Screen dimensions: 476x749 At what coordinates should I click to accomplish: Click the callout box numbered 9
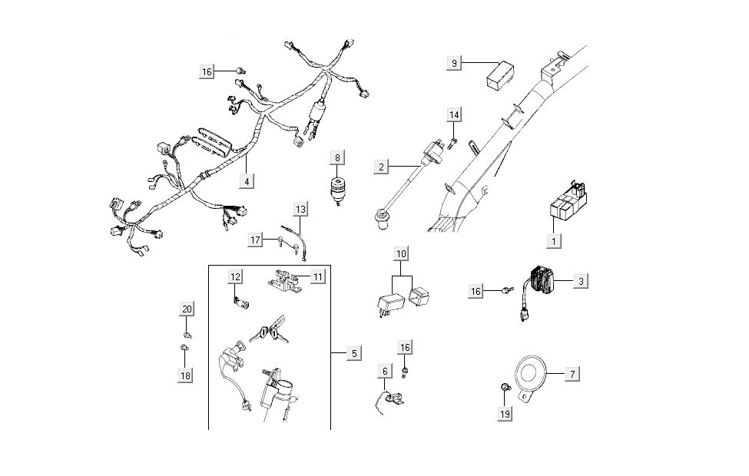click(456, 63)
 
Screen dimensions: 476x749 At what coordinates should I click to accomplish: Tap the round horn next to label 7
click(530, 374)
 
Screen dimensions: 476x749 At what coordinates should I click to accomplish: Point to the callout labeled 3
click(582, 282)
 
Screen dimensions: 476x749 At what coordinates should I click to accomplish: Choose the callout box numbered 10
click(402, 253)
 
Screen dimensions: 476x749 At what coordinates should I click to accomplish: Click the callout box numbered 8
click(336, 158)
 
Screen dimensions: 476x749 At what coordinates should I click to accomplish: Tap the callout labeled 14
click(455, 115)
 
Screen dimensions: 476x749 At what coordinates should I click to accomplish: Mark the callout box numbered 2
click(381, 166)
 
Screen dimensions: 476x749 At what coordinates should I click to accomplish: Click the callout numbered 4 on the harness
click(247, 181)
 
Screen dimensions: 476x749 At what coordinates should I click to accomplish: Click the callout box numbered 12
click(235, 276)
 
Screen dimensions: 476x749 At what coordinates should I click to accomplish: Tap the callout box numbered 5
click(353, 353)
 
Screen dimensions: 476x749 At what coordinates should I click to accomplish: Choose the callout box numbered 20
click(187, 309)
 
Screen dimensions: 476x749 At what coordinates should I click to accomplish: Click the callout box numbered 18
click(187, 375)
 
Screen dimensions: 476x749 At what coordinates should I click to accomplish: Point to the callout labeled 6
click(383, 370)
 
